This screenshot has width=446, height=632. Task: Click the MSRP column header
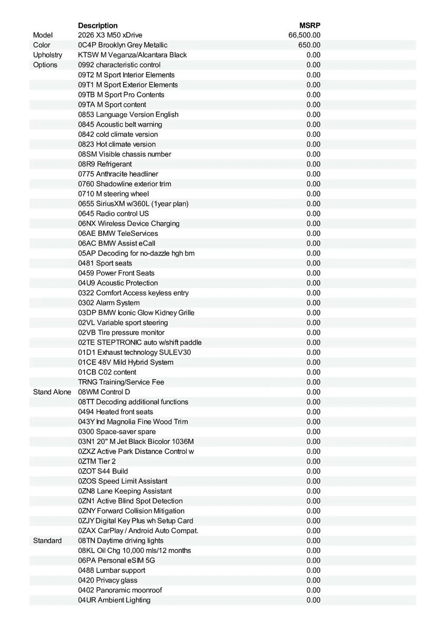pyautogui.click(x=310, y=25)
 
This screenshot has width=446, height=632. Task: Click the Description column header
pyautogui.click(x=98, y=25)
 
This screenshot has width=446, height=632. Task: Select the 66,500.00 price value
pyautogui.click(x=305, y=35)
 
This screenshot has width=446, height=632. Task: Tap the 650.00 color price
pyautogui.click(x=309, y=45)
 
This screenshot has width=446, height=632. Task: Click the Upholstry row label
pyautogui.click(x=47, y=55)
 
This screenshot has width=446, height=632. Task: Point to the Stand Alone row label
pyautogui.click(x=52, y=392)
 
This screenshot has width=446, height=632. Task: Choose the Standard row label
pyautogui.click(x=47, y=540)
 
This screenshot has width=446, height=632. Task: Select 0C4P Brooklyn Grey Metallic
pyautogui.click(x=123, y=45)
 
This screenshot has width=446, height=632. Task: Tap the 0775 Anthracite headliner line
pyautogui.click(x=118, y=174)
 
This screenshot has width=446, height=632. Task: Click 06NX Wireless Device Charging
pyautogui.click(x=129, y=223)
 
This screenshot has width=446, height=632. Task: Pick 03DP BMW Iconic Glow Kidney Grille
pyautogui.click(x=136, y=312)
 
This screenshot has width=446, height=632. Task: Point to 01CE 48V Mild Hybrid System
pyautogui.click(x=126, y=362)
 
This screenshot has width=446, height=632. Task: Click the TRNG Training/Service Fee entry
pyautogui.click(x=121, y=382)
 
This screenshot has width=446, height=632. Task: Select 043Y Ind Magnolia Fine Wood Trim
pyautogui.click(x=133, y=421)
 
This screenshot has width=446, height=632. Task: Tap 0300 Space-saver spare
pyautogui.click(x=117, y=431)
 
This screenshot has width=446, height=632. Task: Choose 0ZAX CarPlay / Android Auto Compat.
pyautogui.click(x=138, y=530)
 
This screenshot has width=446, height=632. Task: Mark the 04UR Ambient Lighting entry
pyautogui.click(x=114, y=600)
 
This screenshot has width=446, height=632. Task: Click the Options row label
pyautogui.click(x=45, y=65)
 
